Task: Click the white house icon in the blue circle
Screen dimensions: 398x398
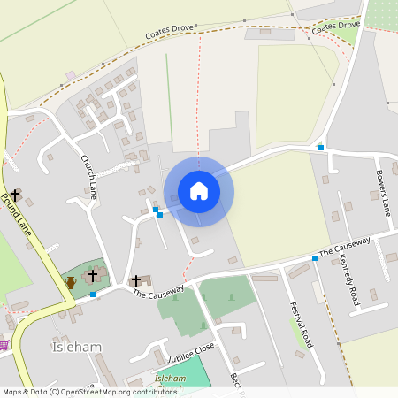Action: coord(199,191)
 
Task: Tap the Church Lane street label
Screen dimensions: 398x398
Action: coord(88,174)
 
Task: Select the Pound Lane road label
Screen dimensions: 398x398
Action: coord(18,215)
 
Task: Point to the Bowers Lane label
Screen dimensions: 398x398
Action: coord(383,194)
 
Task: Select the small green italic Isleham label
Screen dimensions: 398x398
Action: coord(171,378)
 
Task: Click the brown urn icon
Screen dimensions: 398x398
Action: coord(71,283)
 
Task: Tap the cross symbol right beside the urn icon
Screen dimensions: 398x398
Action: coord(93,276)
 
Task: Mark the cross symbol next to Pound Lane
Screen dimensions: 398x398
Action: coord(15,194)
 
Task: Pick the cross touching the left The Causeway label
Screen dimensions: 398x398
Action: coord(136,281)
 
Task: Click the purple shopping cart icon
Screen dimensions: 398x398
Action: coord(4,344)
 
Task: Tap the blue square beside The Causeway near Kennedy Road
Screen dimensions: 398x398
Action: coord(315,258)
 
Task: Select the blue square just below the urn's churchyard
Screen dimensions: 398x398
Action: coord(92,294)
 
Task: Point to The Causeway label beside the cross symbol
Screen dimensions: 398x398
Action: coord(159,291)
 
